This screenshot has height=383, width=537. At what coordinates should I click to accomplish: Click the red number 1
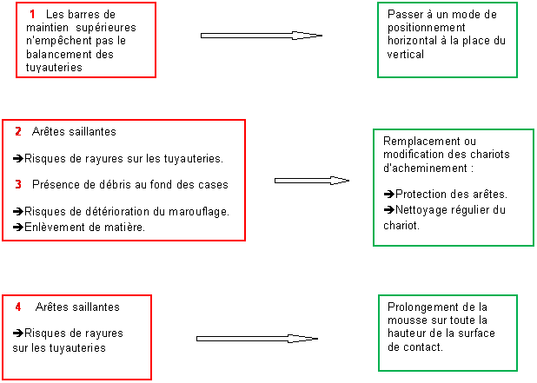click(32, 15)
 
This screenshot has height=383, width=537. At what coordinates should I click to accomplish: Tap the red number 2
click(17, 132)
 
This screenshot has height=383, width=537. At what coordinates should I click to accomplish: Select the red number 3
click(17, 184)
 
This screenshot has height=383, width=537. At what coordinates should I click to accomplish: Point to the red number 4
click(18, 307)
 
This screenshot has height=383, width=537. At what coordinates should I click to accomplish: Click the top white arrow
click(258, 36)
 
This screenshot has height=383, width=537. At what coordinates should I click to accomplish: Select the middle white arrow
click(310, 181)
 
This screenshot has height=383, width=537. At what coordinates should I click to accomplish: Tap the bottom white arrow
click(254, 339)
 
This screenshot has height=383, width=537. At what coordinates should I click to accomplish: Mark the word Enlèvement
click(56, 227)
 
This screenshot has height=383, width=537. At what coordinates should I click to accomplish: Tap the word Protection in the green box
click(423, 194)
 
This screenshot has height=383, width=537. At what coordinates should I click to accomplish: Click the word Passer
click(404, 15)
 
